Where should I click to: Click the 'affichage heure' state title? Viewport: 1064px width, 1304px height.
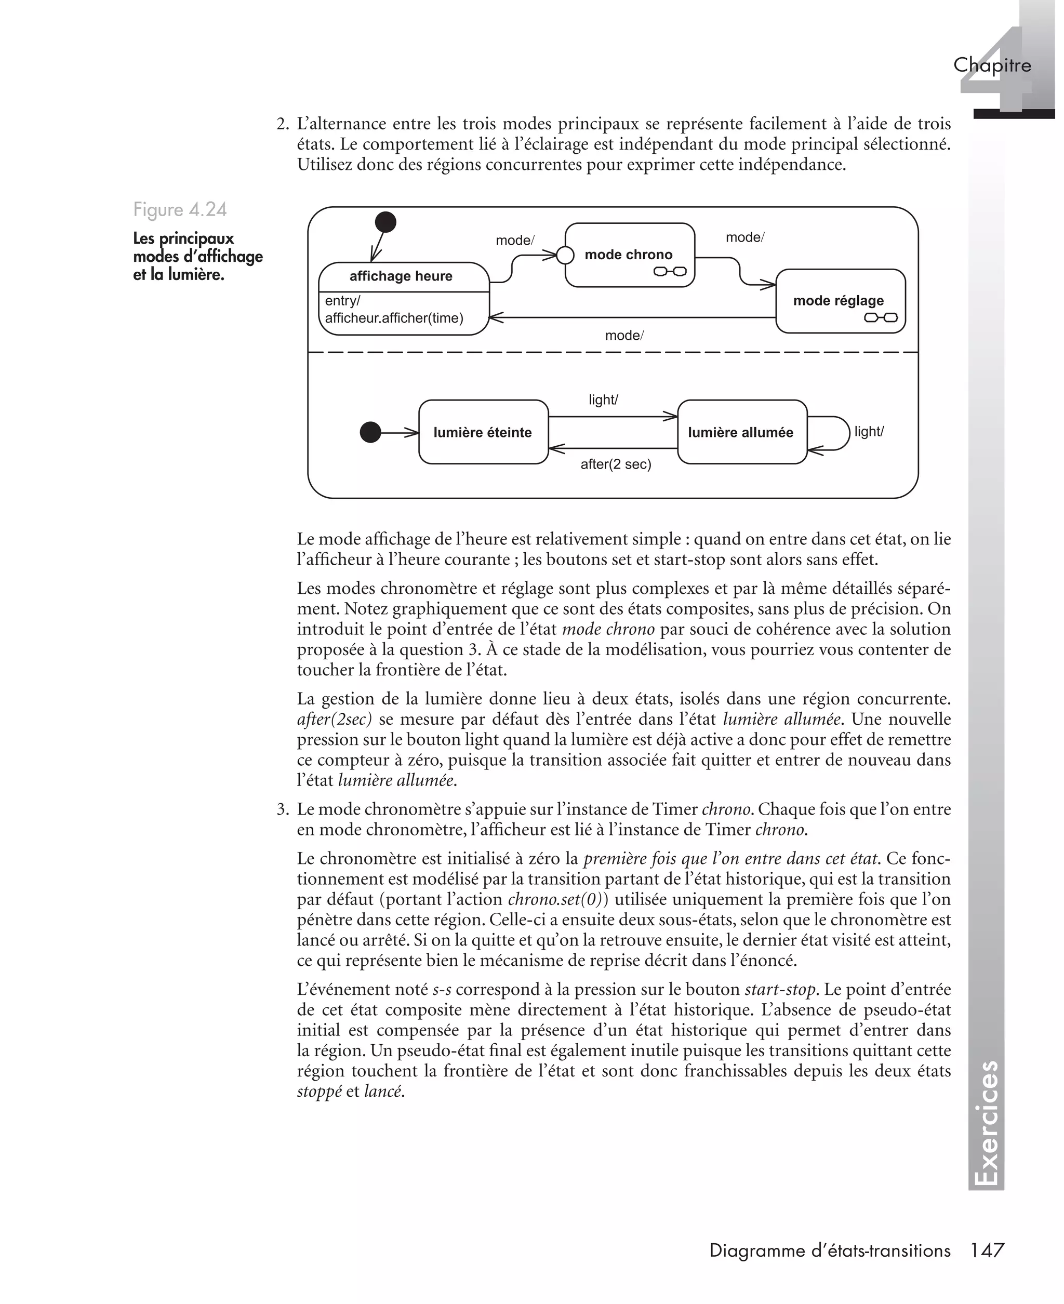[x=401, y=276]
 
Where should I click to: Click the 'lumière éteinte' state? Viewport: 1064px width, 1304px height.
[x=483, y=433]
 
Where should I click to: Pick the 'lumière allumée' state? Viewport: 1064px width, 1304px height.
[x=740, y=433]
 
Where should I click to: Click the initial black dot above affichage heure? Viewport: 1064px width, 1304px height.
[x=385, y=222]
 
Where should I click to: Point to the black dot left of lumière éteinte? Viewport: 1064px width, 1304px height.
[x=370, y=433]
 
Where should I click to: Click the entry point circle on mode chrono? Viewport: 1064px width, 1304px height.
[x=565, y=255]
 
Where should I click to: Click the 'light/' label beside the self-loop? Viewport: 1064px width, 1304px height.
[x=869, y=431]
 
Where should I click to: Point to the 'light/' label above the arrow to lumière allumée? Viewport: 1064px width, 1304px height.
[x=603, y=400]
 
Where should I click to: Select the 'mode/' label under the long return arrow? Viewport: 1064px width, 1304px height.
[x=624, y=336]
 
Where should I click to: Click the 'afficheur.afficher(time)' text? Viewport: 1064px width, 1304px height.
[x=394, y=318]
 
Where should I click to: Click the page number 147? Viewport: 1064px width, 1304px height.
[x=988, y=1250]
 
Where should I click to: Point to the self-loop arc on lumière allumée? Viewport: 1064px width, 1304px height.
[x=848, y=433]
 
